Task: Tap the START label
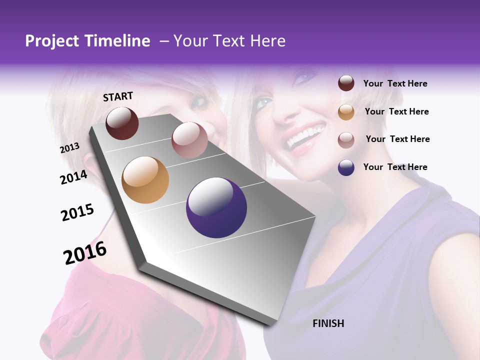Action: [x=118, y=96]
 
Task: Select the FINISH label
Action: [x=328, y=323]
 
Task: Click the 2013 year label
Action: [x=70, y=148]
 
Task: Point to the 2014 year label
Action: [x=73, y=177]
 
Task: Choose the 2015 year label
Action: [x=77, y=212]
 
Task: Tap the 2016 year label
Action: [x=85, y=253]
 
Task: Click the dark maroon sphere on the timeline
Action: [x=122, y=123]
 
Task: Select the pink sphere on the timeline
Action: [x=189, y=140]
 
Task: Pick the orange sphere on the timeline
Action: [x=145, y=180]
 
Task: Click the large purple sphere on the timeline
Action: [x=216, y=207]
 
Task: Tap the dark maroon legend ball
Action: [x=346, y=83]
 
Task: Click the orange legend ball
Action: [x=346, y=111]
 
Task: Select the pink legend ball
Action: [x=346, y=139]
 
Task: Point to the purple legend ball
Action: [x=346, y=167]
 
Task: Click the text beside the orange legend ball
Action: [x=396, y=111]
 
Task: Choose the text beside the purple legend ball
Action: [x=395, y=167]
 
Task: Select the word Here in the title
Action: [x=267, y=41]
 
